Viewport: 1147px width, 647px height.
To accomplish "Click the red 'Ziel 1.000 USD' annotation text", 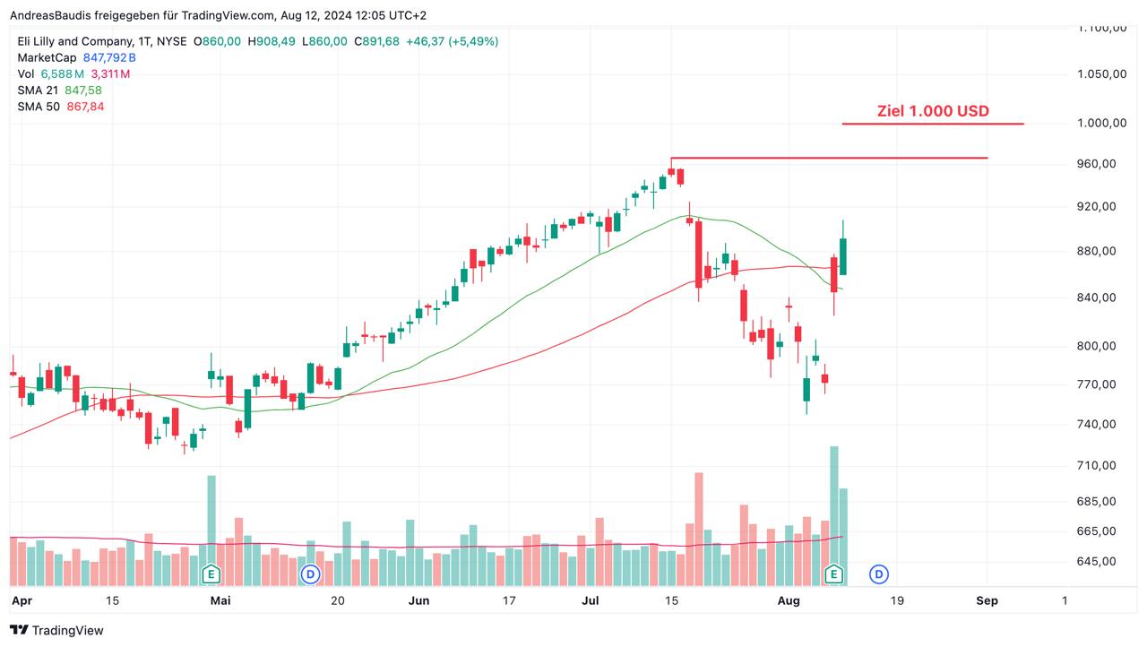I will coord(933,111).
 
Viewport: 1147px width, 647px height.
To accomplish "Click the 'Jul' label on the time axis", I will coord(590,600).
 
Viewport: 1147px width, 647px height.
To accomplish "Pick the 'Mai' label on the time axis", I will coord(220,600).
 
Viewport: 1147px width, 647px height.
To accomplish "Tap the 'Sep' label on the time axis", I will coord(987,600).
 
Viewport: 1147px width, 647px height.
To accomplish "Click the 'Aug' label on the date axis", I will coord(789,600).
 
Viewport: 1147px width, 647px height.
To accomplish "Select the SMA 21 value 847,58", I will coord(83,90).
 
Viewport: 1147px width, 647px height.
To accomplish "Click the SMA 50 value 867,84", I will coord(85,106).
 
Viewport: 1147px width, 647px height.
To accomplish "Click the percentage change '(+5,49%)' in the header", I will coord(473,41).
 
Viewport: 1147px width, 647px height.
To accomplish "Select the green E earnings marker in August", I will coord(834,574).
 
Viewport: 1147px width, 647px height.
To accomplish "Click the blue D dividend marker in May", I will coord(310,574).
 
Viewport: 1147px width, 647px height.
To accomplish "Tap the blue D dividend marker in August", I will coord(879,574).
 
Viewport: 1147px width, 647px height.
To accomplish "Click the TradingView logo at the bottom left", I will coord(57,630).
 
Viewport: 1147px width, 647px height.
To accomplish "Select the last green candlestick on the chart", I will coord(843,256).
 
